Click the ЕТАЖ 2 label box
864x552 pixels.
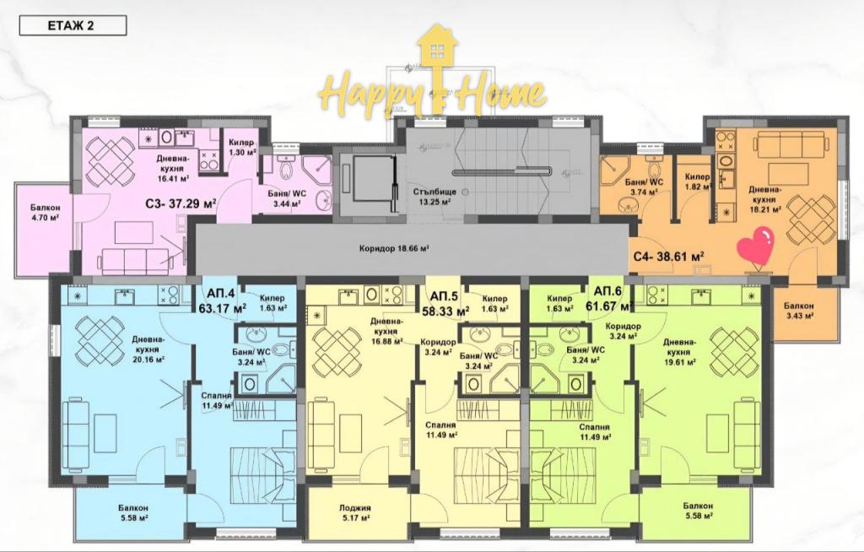pos(73,25)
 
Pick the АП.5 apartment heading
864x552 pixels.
pos(443,297)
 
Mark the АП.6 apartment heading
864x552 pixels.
pos(607,291)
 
